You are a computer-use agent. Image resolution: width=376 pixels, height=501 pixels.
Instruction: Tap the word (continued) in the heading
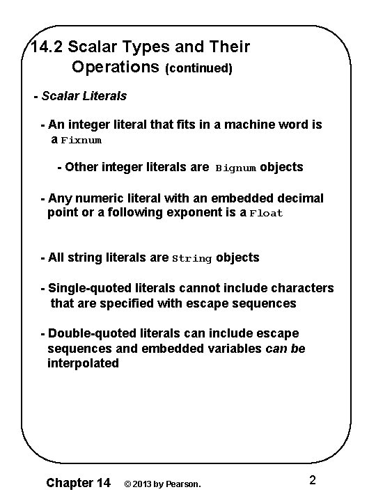[x=198, y=69]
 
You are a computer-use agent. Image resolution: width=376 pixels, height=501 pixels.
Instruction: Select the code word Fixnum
[x=81, y=141]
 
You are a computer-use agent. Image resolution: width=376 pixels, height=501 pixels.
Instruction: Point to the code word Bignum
[x=236, y=168]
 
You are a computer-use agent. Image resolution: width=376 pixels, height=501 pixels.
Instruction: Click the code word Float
[x=267, y=214]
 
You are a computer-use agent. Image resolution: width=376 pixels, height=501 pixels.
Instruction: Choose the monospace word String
[x=191, y=259]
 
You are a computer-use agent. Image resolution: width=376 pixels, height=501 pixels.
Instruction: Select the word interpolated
[x=83, y=363]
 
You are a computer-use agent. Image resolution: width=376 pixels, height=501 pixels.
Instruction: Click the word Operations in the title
[x=116, y=67]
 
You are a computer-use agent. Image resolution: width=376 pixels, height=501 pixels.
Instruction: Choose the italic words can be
[x=285, y=348]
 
